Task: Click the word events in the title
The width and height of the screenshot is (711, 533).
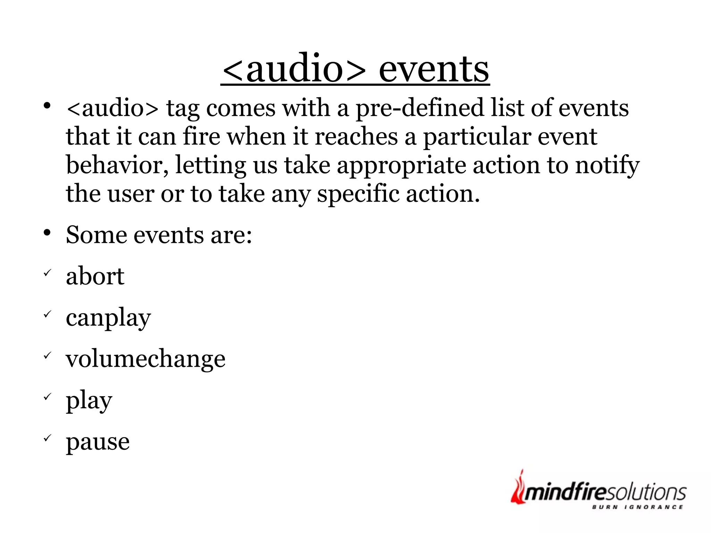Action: point(434,69)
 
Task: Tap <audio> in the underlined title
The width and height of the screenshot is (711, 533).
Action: point(294,69)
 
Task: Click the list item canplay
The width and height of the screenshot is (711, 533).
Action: point(108,317)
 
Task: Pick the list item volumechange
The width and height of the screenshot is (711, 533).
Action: point(145,359)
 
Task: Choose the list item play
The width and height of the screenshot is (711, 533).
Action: point(89,400)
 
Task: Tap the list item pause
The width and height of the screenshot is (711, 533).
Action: point(98,442)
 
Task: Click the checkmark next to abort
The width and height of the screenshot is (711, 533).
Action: point(48,273)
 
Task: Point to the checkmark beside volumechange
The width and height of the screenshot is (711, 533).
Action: point(48,356)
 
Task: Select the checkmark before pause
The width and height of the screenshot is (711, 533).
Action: point(48,438)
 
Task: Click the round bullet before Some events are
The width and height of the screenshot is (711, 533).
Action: point(47,233)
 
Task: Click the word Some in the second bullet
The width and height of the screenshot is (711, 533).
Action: point(96,235)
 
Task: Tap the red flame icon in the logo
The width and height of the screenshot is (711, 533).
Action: point(518,488)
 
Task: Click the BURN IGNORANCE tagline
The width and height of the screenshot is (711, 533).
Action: point(637,507)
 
